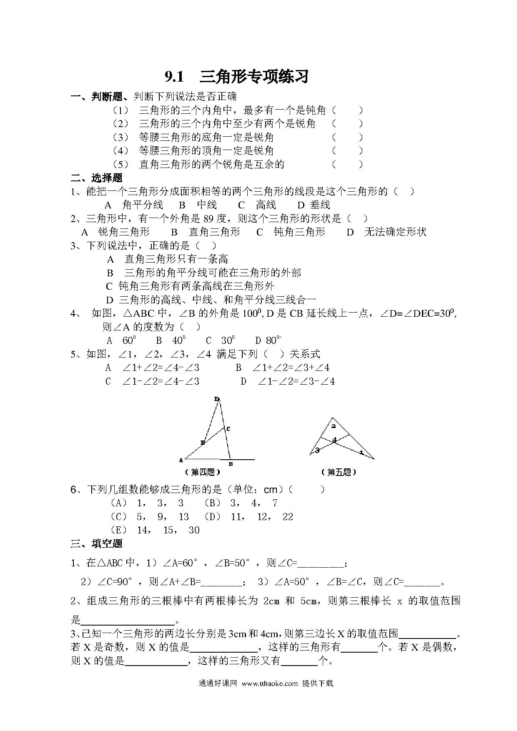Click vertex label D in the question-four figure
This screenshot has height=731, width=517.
pos(216,399)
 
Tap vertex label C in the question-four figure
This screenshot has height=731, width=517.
pos(228,428)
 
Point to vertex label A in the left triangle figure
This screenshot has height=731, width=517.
pos(181,460)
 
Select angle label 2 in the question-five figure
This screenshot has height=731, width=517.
pos(333,426)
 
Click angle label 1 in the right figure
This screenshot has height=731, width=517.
pos(361,452)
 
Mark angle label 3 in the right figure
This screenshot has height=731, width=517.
pos(317,450)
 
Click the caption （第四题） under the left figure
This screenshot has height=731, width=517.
pos(202,472)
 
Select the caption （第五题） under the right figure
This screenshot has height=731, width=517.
pos(339,472)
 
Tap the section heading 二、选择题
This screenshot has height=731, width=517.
pos(96,178)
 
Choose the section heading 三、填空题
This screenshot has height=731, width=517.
pos(96,543)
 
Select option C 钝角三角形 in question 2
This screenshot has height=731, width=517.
pos(291,232)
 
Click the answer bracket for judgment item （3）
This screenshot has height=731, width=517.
pos(347,137)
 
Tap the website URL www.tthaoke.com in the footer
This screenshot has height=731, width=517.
pos(269,683)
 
